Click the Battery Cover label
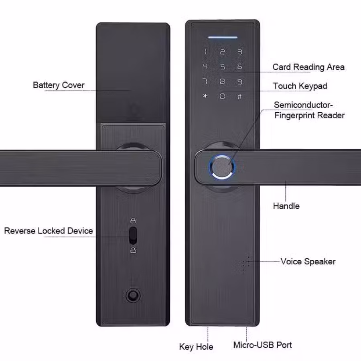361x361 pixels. point(59,85)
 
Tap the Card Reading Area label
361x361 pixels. point(308,67)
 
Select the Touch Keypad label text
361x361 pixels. point(300,86)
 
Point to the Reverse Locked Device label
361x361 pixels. point(49,231)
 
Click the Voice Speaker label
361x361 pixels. point(308,262)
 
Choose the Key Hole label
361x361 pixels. point(196,347)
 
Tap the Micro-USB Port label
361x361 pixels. point(262,345)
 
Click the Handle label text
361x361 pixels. point(286,206)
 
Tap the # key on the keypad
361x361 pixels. point(240,96)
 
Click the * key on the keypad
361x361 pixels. point(205,96)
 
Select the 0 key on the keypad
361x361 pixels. point(222,96)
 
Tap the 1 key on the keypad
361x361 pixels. point(206,52)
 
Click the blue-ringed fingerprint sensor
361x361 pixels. point(222,167)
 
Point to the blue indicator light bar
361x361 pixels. point(223,37)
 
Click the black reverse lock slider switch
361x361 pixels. point(133,235)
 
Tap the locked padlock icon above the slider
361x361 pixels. point(133,221)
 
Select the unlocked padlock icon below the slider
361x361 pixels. point(133,250)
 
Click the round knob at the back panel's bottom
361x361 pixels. point(133,295)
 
